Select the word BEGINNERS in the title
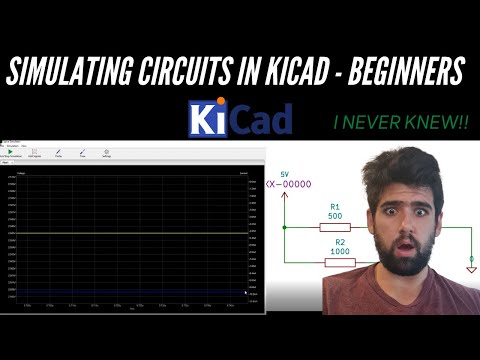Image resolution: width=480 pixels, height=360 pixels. tap(405, 72)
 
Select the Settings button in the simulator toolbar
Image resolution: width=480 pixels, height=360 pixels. tap(106, 153)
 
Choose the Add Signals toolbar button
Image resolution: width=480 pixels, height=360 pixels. tap(34, 153)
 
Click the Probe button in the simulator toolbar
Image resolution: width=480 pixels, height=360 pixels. tap(58, 153)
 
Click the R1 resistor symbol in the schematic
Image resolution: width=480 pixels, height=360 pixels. tap(333, 227)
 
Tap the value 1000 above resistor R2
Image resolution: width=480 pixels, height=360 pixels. tap(340, 252)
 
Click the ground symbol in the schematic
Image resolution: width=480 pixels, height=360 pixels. tap(471, 267)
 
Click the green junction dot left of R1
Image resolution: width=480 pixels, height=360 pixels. tap(285, 227)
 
